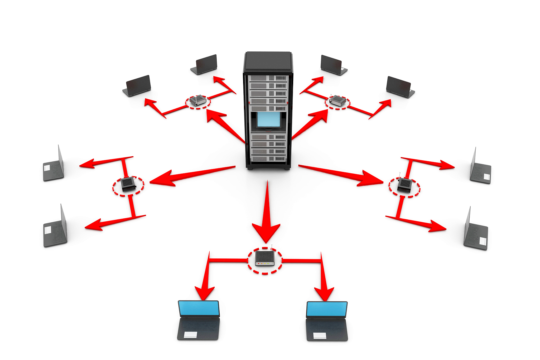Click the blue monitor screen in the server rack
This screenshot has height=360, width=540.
pos(268,119)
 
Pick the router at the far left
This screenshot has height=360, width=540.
pos(128,184)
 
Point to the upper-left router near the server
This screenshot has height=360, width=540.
pos(198,100)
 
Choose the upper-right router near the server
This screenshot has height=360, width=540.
pos(338,101)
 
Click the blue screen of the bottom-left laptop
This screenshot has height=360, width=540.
pos(199,308)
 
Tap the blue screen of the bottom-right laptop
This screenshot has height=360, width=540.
pos(327,309)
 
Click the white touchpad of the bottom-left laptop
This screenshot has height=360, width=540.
pos(190,334)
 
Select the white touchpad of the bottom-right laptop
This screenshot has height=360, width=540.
pos(320,335)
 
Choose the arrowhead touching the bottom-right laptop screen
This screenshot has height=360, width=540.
pos(325,293)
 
